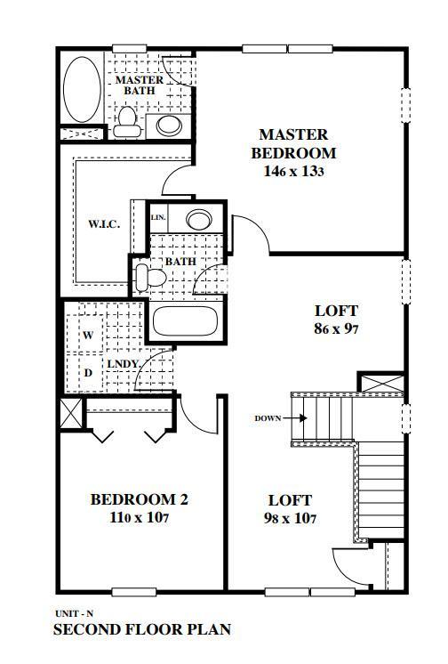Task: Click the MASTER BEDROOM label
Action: point(293,143)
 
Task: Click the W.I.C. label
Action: point(104,223)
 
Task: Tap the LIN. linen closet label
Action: point(158,217)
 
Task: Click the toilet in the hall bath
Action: point(152,277)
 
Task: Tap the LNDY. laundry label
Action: point(123,365)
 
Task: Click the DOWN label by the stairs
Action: point(268,417)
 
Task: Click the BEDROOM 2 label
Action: point(139,499)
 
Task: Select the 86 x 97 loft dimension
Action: point(336,329)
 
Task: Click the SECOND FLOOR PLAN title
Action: point(142,629)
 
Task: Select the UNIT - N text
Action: point(75,614)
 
